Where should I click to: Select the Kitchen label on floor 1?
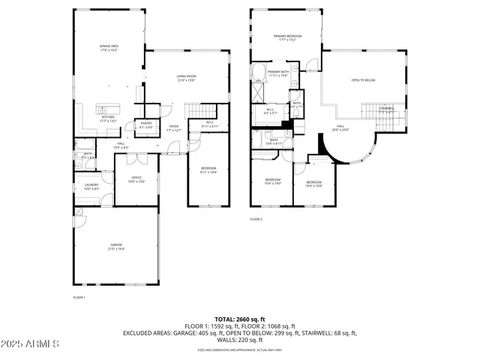(x=109, y=118)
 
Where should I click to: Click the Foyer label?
(x=173, y=128)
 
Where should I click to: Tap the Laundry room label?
(x=91, y=187)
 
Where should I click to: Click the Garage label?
(x=115, y=247)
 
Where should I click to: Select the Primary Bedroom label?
(x=287, y=37)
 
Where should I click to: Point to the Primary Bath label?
(x=277, y=73)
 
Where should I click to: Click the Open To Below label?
(x=363, y=80)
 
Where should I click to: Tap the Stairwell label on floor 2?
(x=387, y=109)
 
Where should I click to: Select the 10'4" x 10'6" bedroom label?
(x=313, y=184)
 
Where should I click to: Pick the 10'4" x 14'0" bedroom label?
(x=272, y=181)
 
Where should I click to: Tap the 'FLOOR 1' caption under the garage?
(x=79, y=298)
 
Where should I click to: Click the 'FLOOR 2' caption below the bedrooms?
(x=256, y=219)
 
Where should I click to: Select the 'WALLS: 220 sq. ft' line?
(x=239, y=340)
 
